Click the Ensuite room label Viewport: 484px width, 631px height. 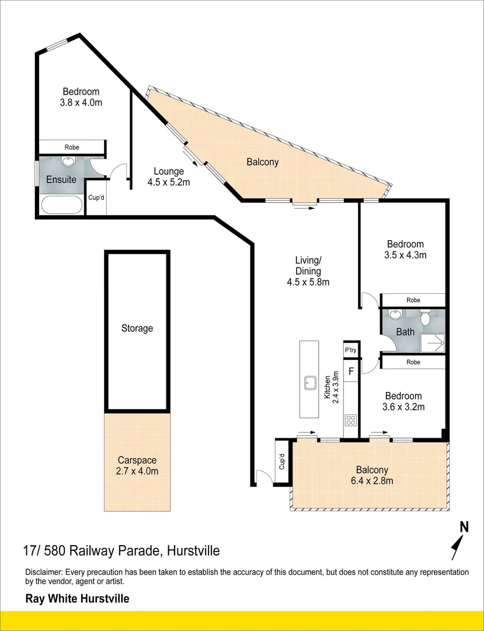61,179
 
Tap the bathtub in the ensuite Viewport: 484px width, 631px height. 61,205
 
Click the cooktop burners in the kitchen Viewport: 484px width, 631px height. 350,421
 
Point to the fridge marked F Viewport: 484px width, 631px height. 351,371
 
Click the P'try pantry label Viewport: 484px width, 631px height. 350,351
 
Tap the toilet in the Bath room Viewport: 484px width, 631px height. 425,318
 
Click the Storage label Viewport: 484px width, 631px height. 137,328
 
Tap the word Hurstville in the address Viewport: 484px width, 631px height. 194,550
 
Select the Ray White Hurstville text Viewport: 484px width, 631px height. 78,598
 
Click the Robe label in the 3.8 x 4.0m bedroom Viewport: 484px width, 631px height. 72,147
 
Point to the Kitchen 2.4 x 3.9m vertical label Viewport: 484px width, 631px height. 332,387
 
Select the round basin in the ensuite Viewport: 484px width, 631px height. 68,161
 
